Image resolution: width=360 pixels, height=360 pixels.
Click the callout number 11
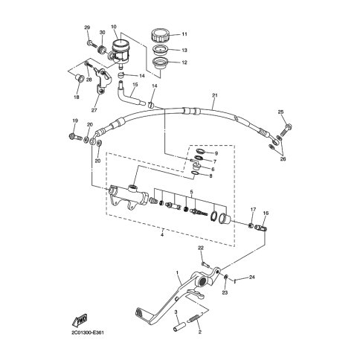(184, 34)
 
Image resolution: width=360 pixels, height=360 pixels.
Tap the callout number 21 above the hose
(214, 96)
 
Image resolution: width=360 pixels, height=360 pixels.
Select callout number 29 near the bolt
(87, 28)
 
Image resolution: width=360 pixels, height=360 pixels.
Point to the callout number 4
(162, 237)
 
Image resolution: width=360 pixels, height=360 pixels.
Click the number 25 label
(280, 112)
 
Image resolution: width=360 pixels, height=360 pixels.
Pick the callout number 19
(75, 120)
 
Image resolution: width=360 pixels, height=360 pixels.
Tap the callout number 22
(200, 248)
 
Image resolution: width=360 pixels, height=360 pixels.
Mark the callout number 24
(253, 278)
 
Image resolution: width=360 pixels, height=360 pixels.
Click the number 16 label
(266, 212)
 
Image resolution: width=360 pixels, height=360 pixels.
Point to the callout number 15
(135, 85)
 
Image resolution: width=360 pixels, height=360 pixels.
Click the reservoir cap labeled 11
(158, 34)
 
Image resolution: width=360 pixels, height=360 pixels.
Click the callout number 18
(77, 97)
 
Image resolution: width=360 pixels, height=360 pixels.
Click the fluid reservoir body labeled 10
(118, 51)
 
